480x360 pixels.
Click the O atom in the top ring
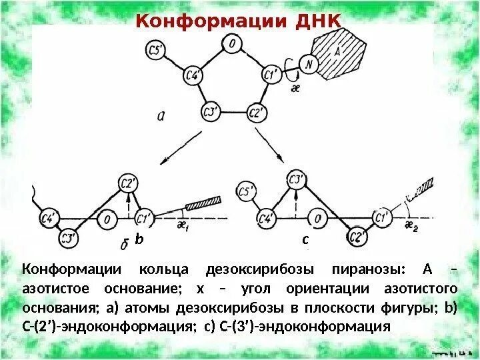coord(231,45)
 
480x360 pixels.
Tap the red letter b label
coord(139,238)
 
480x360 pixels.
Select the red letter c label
coord(305,239)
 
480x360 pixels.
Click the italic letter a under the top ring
coord(161,115)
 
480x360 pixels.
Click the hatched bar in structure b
coord(203,202)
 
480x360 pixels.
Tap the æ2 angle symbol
coord(411,226)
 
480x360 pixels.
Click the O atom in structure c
coord(318,217)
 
